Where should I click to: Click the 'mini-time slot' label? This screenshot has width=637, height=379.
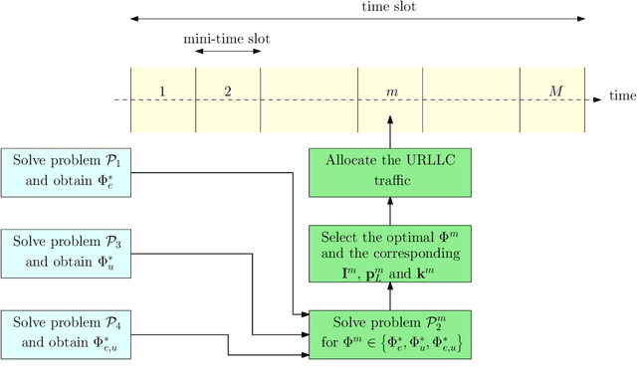click(227, 39)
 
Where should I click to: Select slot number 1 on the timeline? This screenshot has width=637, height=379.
click(162, 92)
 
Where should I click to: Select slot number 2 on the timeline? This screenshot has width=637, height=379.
click(227, 92)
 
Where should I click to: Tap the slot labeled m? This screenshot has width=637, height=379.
click(391, 92)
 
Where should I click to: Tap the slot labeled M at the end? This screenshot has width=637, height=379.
click(555, 92)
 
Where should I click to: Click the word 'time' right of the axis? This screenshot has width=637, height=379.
click(622, 96)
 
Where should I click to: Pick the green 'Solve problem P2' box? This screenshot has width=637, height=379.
click(390, 335)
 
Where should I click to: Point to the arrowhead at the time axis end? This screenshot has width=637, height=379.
click(597, 99)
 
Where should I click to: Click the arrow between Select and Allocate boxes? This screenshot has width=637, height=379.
click(390, 209)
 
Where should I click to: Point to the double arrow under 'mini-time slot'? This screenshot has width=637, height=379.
click(228, 52)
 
